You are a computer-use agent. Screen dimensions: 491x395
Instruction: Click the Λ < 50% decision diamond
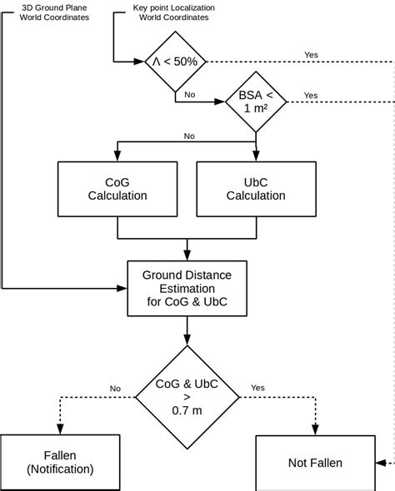pos(173,62)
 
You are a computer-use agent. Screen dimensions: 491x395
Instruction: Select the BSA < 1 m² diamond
pos(256,102)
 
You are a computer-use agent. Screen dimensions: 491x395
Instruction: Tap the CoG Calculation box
pos(117,189)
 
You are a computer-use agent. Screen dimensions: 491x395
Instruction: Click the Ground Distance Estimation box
pos(187,288)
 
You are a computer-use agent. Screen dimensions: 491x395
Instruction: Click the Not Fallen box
pos(315,463)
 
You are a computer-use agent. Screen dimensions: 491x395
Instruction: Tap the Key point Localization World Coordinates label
pos(173,11)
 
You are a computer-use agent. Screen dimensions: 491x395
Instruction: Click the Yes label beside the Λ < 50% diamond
pos(311,55)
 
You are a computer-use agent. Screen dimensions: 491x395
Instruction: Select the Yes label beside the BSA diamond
pos(311,95)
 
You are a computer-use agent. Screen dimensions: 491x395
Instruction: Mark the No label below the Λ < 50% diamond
pos(190,95)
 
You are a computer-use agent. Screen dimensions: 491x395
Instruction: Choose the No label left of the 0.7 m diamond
pos(115,388)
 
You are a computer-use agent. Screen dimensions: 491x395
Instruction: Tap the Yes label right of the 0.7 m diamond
pos(257,388)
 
